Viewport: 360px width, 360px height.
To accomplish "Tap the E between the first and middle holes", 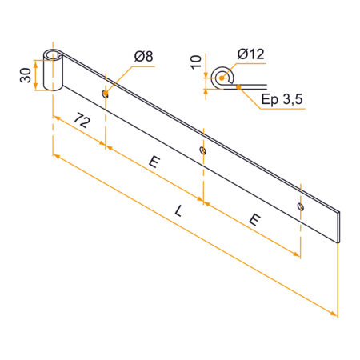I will pyautogui.click(x=154, y=163).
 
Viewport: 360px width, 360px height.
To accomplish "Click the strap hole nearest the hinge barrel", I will pyautogui.click(x=106, y=94).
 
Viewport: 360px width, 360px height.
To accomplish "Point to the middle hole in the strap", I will pyautogui.click(x=203, y=149).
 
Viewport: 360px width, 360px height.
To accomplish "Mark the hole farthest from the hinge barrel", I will pyautogui.click(x=300, y=206).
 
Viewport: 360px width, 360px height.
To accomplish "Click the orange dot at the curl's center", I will pyautogui.click(x=222, y=78).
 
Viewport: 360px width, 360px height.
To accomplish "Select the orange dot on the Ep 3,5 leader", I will pyautogui.click(x=238, y=86).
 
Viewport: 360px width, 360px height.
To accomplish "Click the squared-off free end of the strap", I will pyautogui.click(x=338, y=226).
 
